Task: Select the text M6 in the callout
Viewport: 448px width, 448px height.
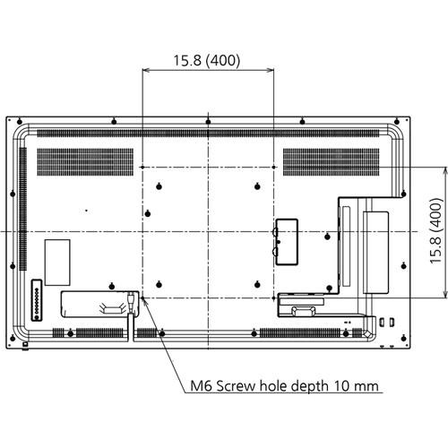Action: point(203,387)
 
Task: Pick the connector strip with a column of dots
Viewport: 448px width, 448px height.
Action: point(35,300)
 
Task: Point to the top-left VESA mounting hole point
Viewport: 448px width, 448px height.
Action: point(143,168)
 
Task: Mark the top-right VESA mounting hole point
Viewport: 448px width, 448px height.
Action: point(271,168)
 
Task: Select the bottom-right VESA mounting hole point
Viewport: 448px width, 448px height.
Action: point(271,296)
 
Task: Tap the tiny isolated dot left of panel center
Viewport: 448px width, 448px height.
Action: point(87,211)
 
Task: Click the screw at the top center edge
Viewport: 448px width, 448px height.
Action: point(207,120)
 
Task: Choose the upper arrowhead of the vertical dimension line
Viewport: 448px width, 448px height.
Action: point(445,170)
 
